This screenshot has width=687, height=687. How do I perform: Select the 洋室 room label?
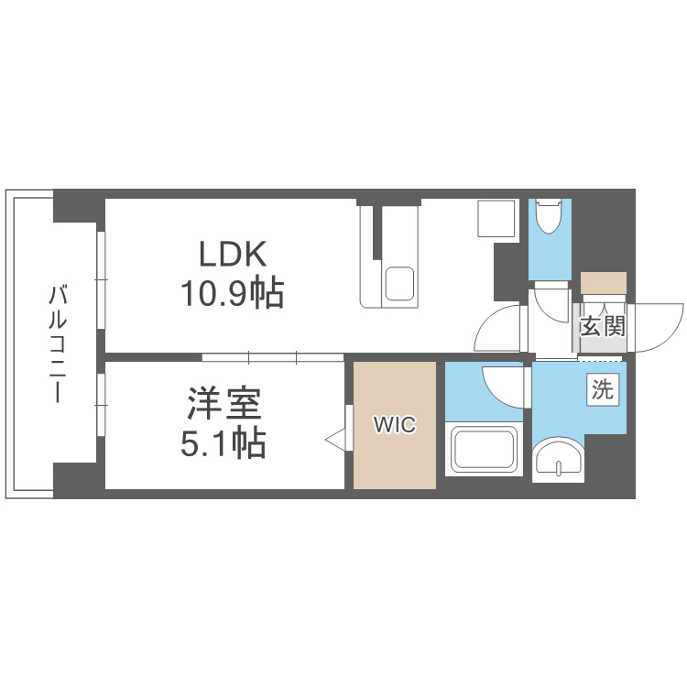tap(225, 404)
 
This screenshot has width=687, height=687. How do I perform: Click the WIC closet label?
tap(395, 425)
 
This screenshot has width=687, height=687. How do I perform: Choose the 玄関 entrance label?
tap(602, 326)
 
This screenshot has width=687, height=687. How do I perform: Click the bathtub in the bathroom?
tap(484, 449)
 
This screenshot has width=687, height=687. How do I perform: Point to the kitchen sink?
tap(399, 283)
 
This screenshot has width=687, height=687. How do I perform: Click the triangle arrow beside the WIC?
tap(337, 441)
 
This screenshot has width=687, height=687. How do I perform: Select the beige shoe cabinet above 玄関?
tap(604, 283)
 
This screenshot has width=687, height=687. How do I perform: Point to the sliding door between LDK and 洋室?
tap(273, 355)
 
